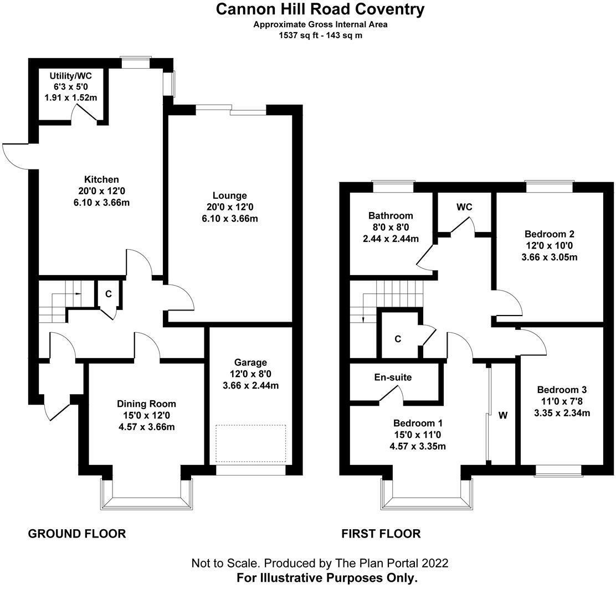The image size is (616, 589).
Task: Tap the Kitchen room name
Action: click(101, 179)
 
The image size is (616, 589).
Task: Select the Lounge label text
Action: click(229, 195)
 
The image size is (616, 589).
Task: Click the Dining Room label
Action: click(146, 404)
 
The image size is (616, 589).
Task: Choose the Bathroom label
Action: click(390, 215)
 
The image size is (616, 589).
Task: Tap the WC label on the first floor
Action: click(464, 207)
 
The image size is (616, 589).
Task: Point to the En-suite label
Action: click(393, 378)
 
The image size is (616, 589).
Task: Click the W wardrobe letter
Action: click(503, 415)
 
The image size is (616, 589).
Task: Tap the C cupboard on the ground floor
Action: click(109, 294)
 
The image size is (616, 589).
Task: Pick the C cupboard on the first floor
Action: click(398, 339)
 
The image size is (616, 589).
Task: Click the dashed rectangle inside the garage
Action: click(251, 443)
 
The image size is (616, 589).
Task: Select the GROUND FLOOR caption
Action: click(77, 534)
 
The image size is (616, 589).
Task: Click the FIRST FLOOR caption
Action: click(381, 534)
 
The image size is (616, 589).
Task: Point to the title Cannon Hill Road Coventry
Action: click(320, 9)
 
